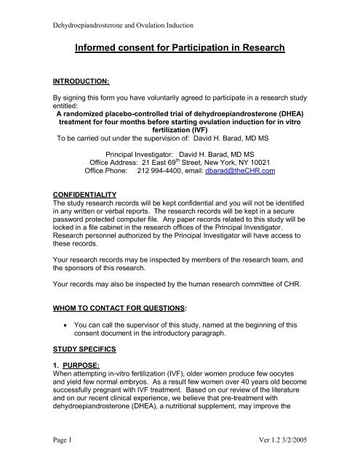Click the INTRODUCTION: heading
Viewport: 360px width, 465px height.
71,94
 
